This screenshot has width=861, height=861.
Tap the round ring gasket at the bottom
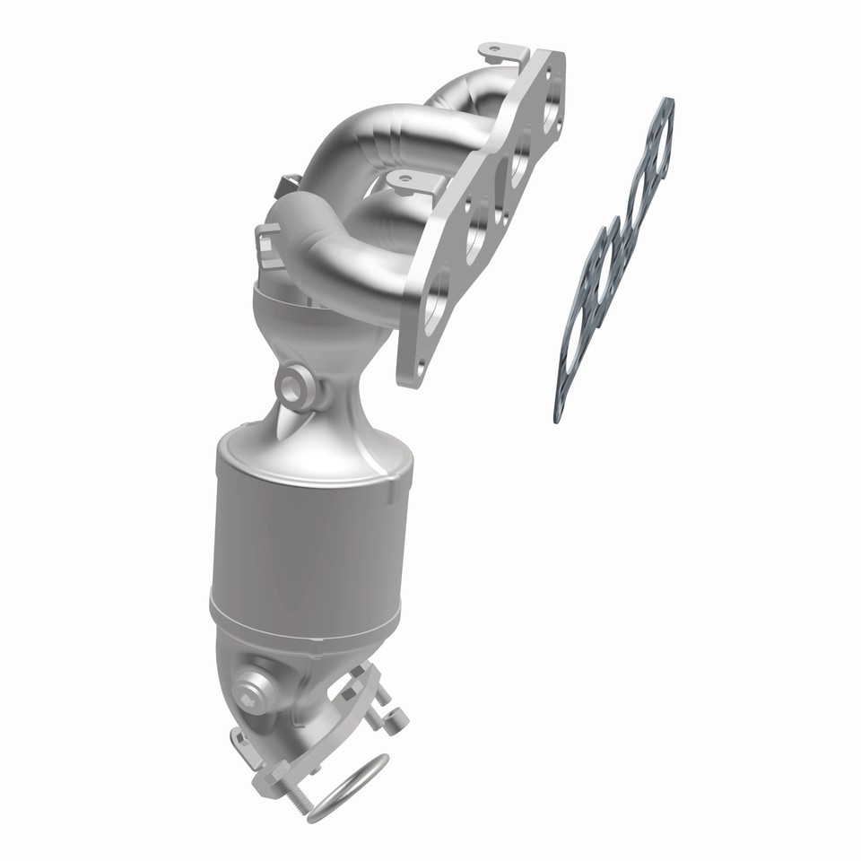point(350,787)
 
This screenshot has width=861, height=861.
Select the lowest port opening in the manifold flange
point(434,300)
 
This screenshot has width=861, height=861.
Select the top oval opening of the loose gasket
point(659,140)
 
